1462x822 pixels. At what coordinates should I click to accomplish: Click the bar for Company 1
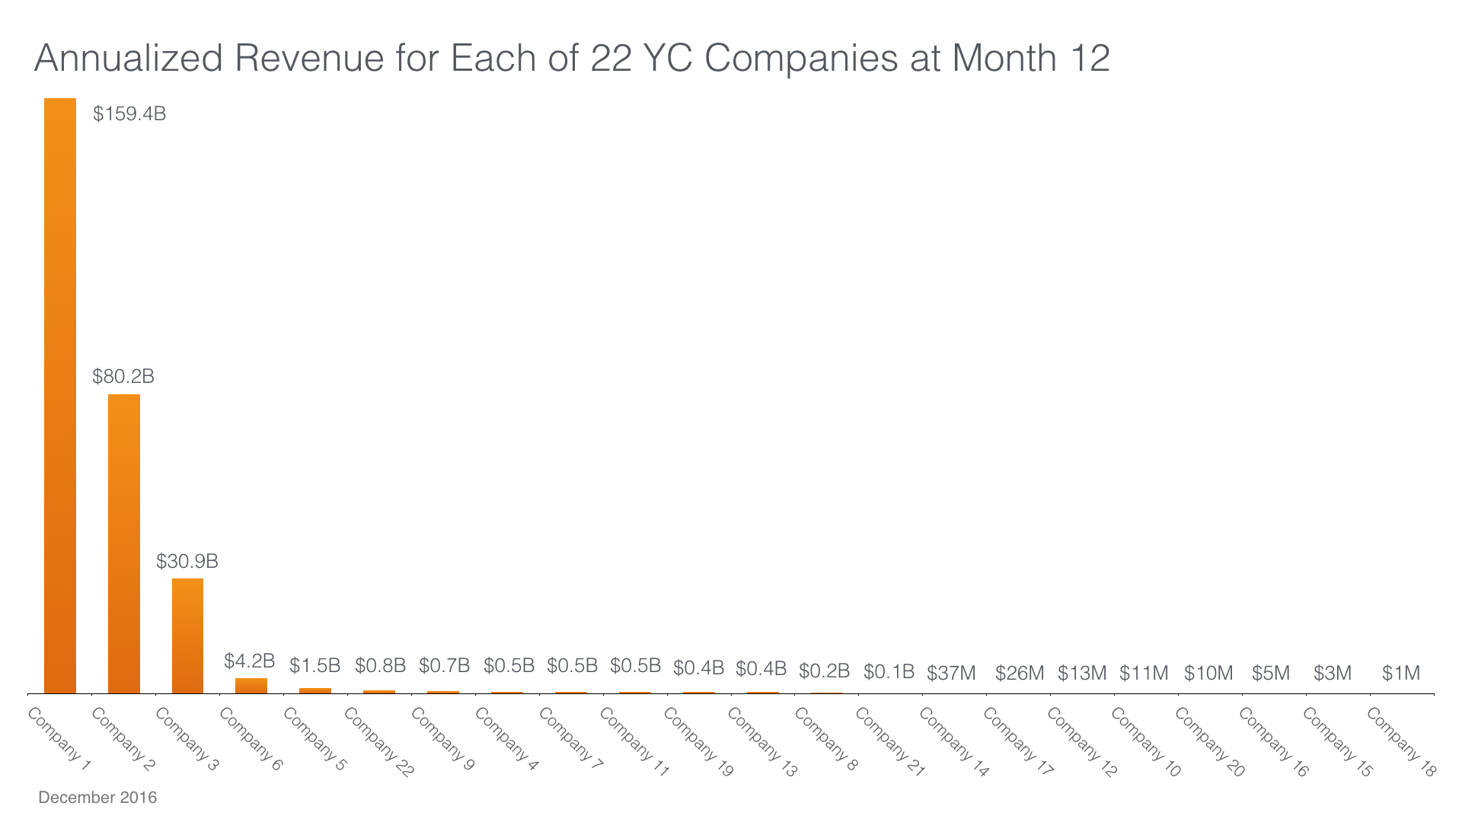tap(60, 396)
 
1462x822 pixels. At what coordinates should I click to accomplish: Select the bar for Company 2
tap(124, 543)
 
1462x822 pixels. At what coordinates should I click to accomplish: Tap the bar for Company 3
tap(187, 636)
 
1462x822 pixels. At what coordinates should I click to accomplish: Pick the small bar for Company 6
tap(251, 686)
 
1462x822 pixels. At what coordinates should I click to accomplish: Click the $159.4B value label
tap(129, 114)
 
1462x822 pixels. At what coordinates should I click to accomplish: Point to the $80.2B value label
tap(123, 377)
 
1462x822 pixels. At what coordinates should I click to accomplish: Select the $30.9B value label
tap(187, 562)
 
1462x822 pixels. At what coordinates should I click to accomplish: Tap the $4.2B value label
tap(249, 661)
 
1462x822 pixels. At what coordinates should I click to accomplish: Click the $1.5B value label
tap(314, 666)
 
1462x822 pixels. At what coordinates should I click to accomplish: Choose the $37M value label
tap(951, 674)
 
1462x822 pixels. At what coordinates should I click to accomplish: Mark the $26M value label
tap(1020, 674)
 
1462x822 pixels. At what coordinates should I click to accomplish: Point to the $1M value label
tap(1401, 674)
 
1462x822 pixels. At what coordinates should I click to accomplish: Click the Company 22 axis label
tap(378, 742)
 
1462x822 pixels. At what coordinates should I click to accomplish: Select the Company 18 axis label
tap(1401, 742)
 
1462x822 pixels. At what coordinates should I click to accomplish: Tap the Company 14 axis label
tap(953, 742)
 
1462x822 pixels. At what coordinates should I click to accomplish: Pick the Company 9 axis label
tap(442, 739)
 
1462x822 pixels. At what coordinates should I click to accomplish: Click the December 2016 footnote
tap(97, 798)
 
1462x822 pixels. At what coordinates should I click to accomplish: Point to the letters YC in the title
tap(669, 59)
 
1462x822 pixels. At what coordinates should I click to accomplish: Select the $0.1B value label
tap(889, 672)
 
